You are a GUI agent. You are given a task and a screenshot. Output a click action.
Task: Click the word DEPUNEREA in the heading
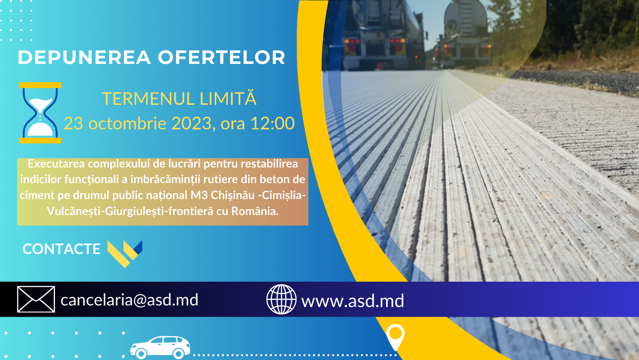coord(84,57)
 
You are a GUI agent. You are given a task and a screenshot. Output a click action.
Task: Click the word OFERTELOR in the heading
coord(222,57)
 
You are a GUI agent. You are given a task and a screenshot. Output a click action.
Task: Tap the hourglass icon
coord(40,113)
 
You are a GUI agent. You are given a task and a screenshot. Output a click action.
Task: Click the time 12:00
coord(272,123)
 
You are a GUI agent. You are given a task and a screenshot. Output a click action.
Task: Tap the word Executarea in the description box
coord(56,164)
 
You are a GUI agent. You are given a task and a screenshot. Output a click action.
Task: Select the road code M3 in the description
coord(199,195)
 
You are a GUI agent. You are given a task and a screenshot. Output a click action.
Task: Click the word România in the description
coord(255,211)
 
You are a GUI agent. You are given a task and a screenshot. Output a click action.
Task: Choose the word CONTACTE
coord(61,249)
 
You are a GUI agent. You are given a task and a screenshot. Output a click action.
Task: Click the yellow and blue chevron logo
coord(125,254)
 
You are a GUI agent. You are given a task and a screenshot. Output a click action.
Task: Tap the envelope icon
coord(36,299)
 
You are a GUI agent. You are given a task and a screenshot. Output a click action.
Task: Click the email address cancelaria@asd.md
coord(129,300)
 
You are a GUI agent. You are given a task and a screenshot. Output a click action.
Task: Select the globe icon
coord(281,299)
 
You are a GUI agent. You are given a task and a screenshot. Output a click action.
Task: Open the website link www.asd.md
coord(353,301)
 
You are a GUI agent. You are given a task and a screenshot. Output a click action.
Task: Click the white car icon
coord(160,347)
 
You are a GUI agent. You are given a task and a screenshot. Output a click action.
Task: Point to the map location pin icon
coord(395,337)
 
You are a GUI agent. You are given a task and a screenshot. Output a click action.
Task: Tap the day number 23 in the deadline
coord(73,123)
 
